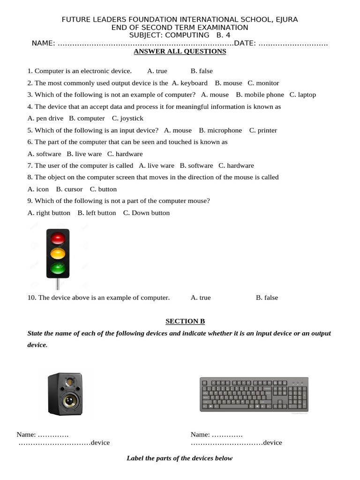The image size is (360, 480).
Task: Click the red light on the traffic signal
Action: [x=58, y=238]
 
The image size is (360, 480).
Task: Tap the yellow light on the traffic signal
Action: [x=58, y=254]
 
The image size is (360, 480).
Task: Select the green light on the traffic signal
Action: [x=58, y=269]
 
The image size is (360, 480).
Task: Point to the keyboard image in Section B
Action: [x=254, y=394]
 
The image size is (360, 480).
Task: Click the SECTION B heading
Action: [x=185, y=321]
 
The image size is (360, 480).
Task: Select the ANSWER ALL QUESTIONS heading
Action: [x=180, y=52]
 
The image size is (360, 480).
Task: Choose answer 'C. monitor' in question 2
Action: [x=263, y=83]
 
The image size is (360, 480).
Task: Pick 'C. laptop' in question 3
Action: [x=303, y=95]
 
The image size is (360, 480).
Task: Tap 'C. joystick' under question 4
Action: [x=127, y=119]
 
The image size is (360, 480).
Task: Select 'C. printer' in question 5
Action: [x=263, y=130]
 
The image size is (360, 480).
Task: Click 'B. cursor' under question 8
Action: [x=69, y=189]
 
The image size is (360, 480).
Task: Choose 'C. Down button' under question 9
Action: [x=146, y=213]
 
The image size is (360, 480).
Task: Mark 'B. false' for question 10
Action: [x=267, y=298]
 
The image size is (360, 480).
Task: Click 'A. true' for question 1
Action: [x=157, y=71]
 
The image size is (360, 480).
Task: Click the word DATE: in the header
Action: [x=245, y=44]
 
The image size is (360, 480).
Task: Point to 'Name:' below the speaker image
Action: [x=26, y=435]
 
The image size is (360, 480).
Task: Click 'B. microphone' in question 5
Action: [x=220, y=130]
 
